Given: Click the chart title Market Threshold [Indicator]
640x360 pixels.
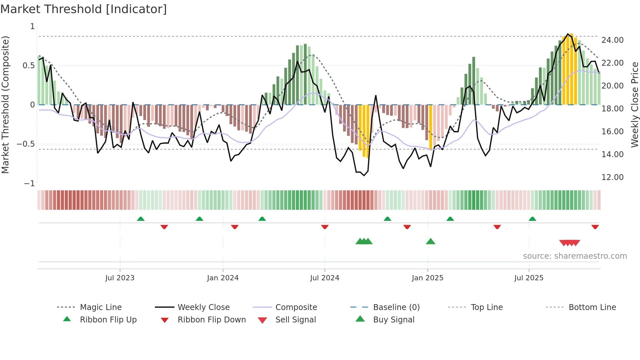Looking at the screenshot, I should tap(84, 9).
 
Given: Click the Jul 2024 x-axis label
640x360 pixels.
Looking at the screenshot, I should tap(325, 278).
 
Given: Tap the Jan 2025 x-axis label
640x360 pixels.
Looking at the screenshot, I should tap(427, 278).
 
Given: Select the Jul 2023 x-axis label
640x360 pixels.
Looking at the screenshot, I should tap(120, 278).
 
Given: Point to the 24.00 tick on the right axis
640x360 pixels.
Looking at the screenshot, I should tap(612, 40).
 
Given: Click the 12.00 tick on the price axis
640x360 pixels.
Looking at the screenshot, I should tap(612, 177).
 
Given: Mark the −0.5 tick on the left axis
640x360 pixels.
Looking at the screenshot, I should tap(26, 144).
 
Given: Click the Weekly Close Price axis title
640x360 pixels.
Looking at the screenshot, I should tap(634, 105).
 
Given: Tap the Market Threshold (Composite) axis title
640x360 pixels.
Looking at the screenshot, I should tap(5, 105).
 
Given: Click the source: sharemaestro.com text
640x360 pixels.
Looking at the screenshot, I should tap(575, 256).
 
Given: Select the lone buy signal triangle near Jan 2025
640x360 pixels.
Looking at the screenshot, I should tap(430, 241).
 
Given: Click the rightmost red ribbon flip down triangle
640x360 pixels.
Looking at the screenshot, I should tap(595, 227).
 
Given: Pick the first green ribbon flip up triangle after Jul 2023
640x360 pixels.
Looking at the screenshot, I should tap(141, 219).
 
